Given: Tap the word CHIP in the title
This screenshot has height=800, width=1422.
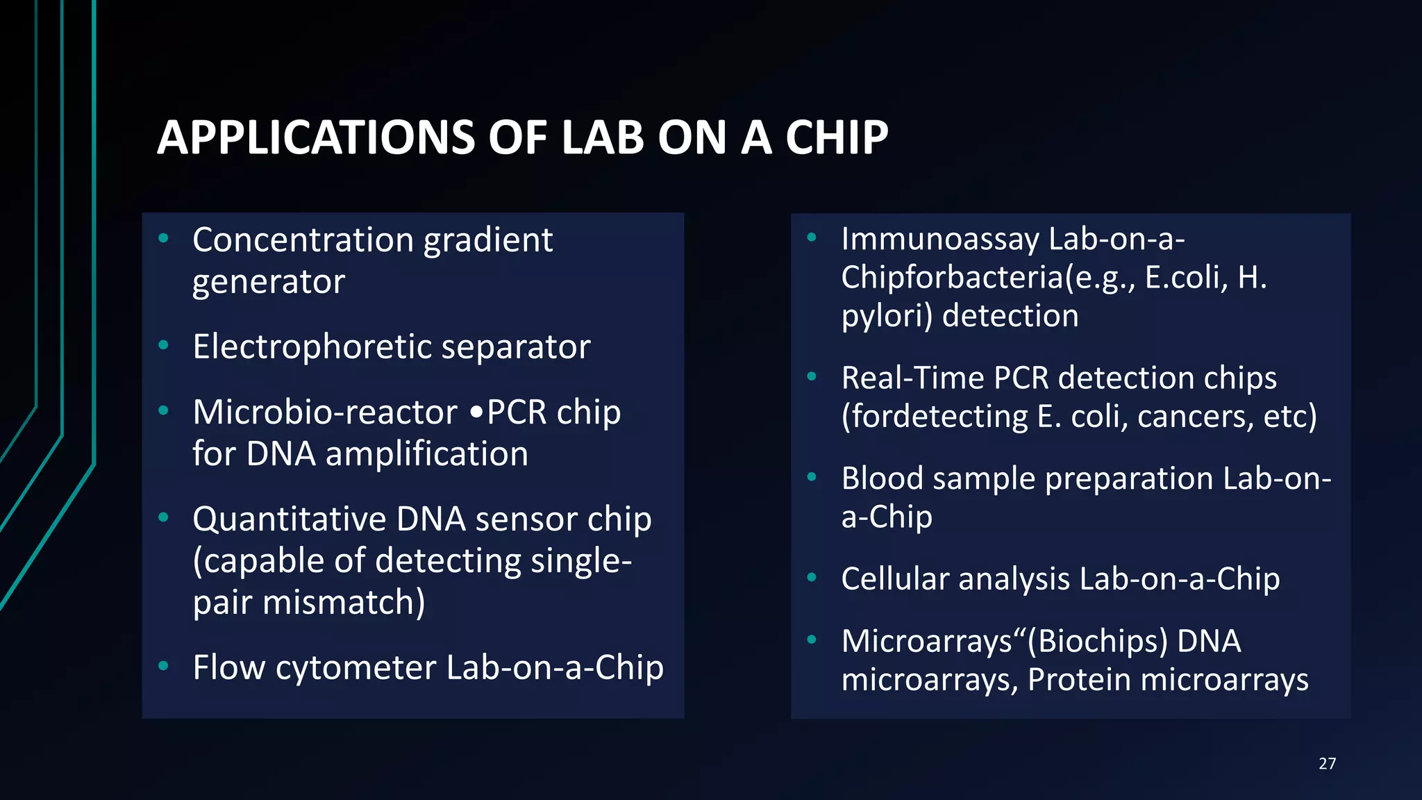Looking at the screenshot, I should [836, 137].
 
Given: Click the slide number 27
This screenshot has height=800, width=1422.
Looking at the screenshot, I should [1327, 764].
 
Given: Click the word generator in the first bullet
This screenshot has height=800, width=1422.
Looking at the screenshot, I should [268, 282].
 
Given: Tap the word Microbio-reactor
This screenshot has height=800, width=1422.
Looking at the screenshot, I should [325, 412].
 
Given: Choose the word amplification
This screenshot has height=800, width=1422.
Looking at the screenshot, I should [426, 454].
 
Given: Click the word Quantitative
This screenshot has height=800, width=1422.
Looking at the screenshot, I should [289, 519].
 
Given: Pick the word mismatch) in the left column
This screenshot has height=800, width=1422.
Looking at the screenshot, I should [344, 603].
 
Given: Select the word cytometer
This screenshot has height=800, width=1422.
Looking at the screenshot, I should [355, 668].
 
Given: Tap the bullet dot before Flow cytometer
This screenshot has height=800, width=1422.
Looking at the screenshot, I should [163, 666].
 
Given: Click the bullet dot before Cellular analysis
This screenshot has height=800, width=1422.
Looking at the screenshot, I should [812, 577].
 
